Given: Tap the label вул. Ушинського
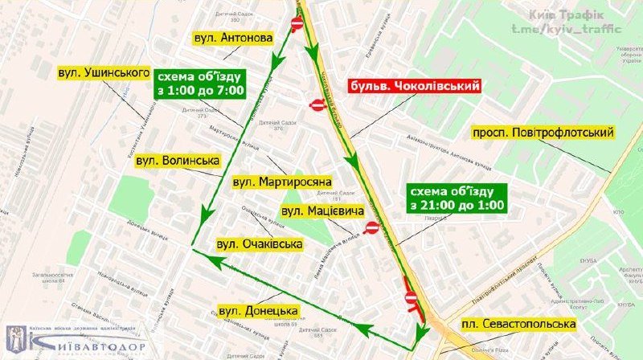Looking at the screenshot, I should click(104, 73).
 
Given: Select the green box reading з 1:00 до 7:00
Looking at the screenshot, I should click(199, 84).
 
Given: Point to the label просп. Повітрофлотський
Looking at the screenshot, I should click(543, 132).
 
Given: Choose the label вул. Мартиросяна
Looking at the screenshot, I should click(281, 182).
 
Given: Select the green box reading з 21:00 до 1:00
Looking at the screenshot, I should click(457, 198).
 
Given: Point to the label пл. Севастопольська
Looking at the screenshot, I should click(518, 323).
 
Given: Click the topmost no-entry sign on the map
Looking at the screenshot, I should click(296, 23).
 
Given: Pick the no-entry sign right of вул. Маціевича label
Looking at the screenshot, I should click(371, 228).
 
